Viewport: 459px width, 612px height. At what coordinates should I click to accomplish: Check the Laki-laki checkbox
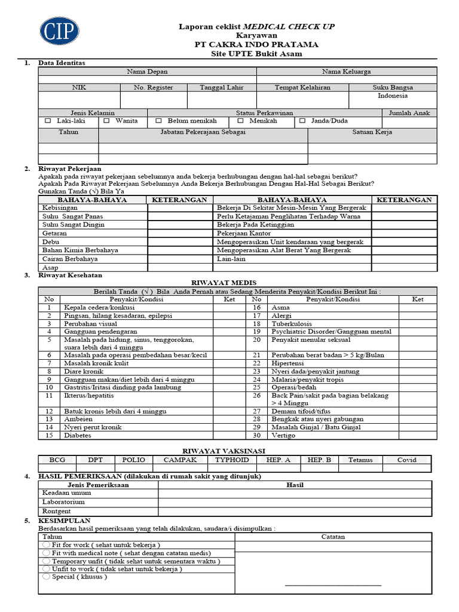(x=48, y=121)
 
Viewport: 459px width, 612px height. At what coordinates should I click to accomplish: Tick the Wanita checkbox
(x=106, y=121)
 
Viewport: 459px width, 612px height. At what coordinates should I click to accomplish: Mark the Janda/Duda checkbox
(x=302, y=121)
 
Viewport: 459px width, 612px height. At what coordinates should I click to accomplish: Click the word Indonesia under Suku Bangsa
(x=393, y=96)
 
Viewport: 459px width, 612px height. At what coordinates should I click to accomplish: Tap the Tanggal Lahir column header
(x=221, y=87)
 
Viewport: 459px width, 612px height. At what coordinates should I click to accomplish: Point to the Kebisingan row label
(x=60, y=207)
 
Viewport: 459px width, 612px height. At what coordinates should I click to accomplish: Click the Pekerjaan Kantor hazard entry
(x=243, y=233)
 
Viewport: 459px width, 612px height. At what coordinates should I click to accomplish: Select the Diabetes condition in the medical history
(x=77, y=436)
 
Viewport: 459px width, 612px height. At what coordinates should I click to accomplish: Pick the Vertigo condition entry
(x=283, y=436)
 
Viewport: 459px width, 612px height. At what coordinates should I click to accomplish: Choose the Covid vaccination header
(x=407, y=460)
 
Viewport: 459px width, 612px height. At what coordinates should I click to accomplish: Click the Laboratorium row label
(x=64, y=503)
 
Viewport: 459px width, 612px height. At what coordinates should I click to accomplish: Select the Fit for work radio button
(x=46, y=545)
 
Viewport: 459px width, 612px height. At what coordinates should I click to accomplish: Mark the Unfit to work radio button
(x=46, y=569)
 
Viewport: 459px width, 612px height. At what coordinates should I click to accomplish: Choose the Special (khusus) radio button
(x=46, y=577)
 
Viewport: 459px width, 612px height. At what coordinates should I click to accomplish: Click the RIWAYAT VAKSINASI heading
(x=224, y=451)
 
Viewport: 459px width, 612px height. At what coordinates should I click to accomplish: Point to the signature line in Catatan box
(x=333, y=585)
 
